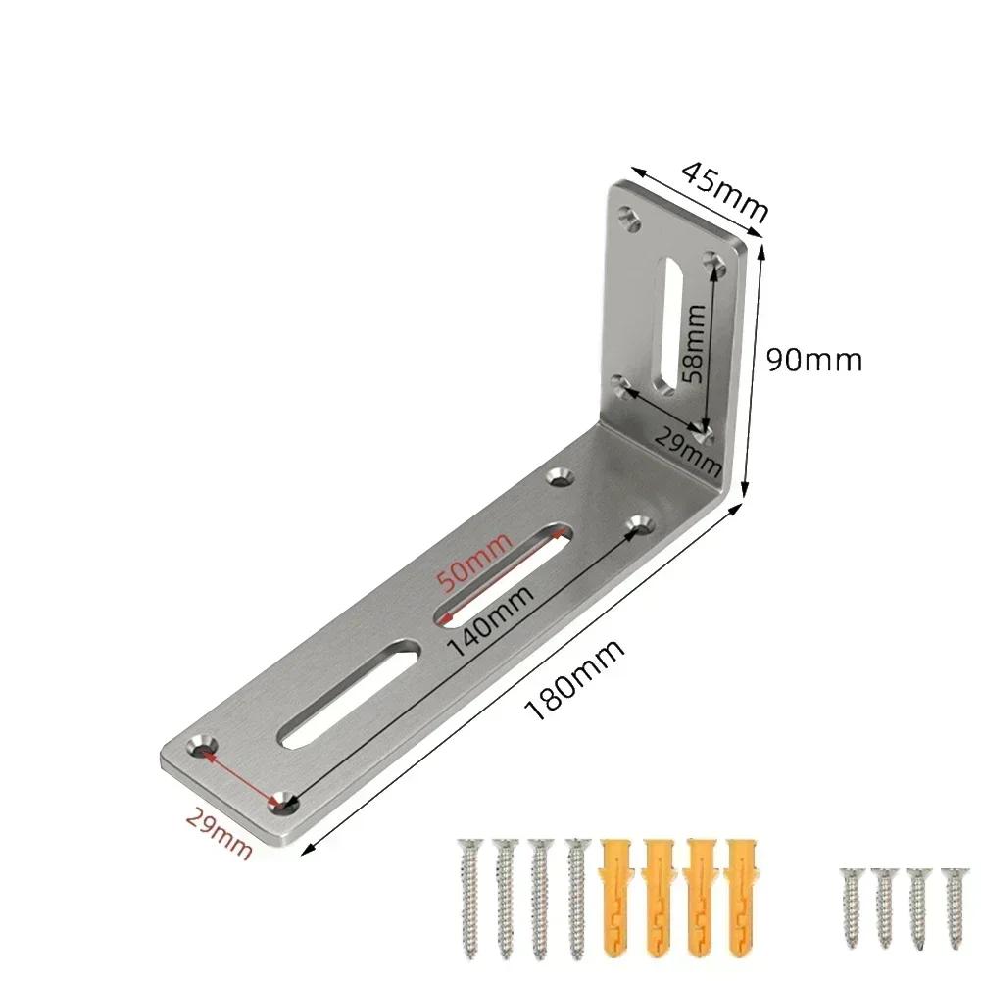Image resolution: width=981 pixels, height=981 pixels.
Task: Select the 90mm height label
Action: pyautogui.click(x=813, y=360)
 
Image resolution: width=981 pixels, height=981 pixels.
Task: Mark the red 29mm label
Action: pyautogui.click(x=219, y=831)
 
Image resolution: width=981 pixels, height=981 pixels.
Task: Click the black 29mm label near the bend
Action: pyautogui.click(x=687, y=448)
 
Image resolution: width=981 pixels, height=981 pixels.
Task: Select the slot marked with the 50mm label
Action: pyautogui.click(x=503, y=574)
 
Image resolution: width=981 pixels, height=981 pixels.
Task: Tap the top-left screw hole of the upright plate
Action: pyautogui.click(x=627, y=214)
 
